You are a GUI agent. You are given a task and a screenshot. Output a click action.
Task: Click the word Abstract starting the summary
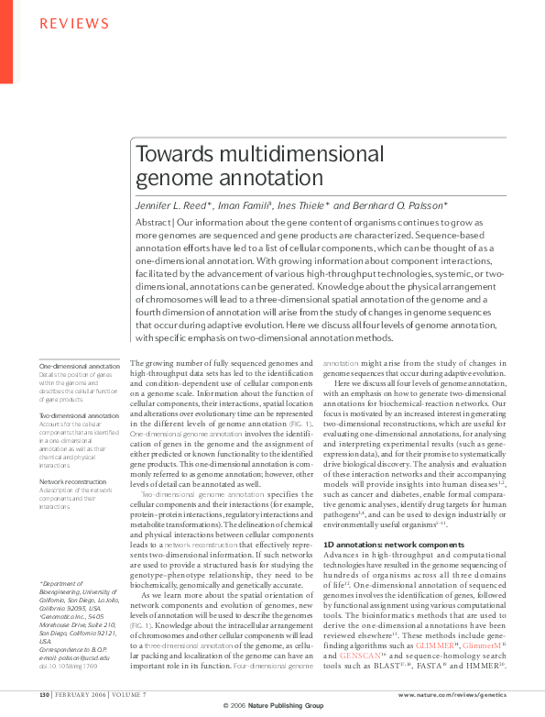[x=154, y=224]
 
